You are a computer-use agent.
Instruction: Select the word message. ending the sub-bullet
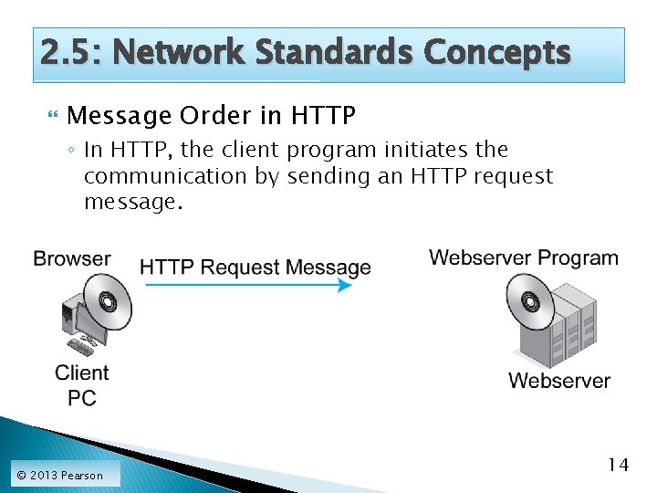pos(133,202)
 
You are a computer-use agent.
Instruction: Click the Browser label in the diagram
pos(71,258)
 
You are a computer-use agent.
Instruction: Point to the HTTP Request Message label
pos(255,267)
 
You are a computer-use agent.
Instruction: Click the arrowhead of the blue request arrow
pos(344,285)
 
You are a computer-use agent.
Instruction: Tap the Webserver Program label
pos(524,257)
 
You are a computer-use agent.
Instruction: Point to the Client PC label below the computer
pos(81,385)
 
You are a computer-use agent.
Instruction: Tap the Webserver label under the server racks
pos(559,381)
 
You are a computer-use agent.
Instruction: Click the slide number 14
pos(618,466)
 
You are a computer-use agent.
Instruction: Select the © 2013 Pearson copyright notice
pos(60,475)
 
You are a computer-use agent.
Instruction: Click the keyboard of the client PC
pos(80,347)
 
